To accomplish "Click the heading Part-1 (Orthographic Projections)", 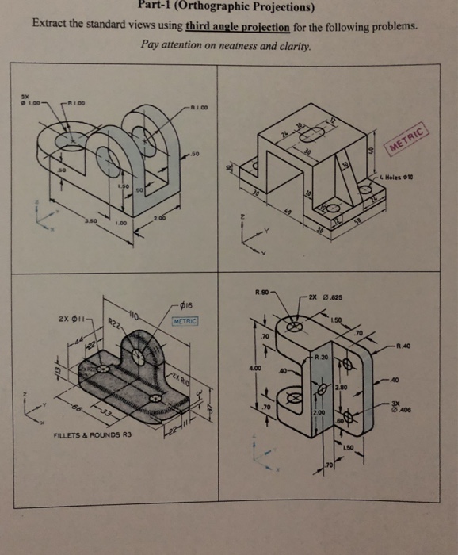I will point(229,9).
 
